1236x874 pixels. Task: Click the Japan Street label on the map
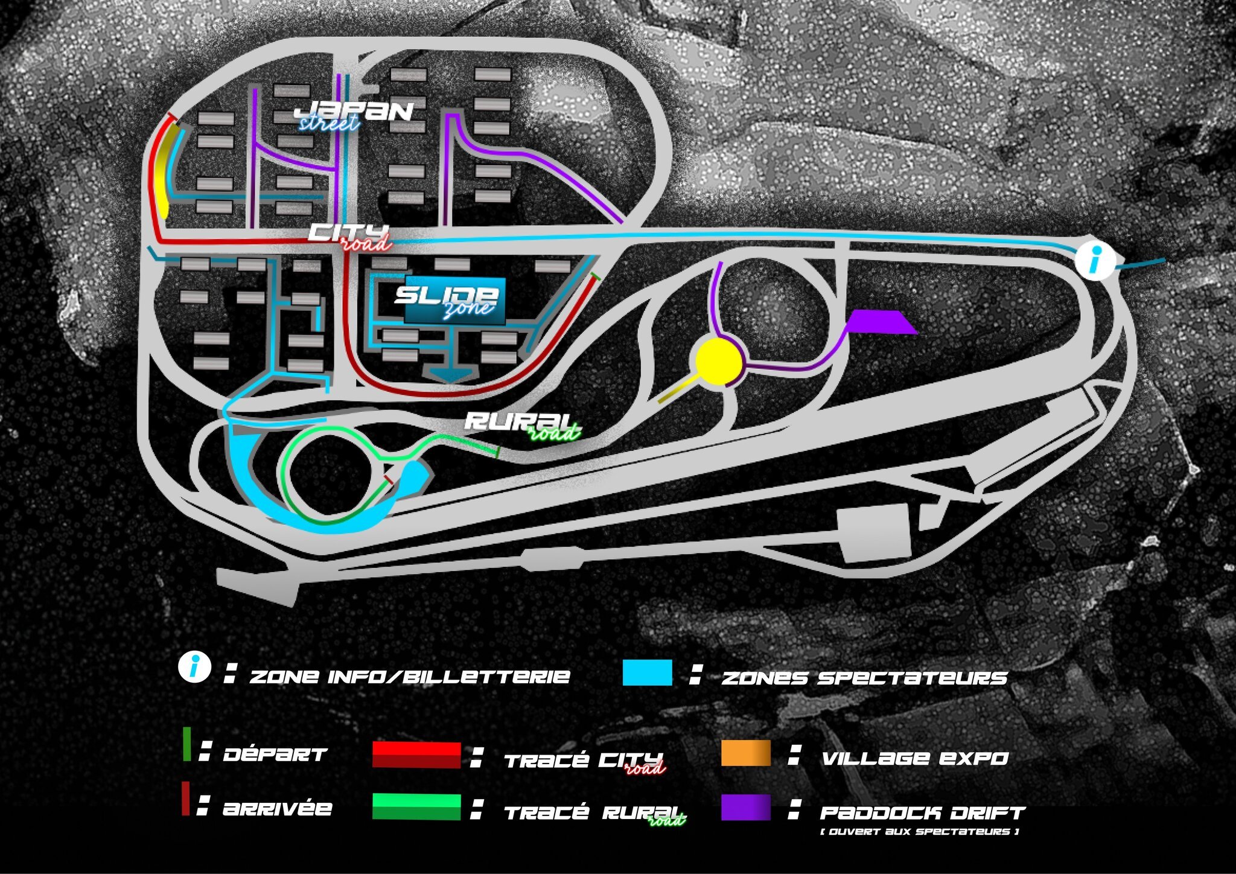(354, 115)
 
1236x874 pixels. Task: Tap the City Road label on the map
(350, 237)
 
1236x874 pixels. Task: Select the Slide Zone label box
(455, 301)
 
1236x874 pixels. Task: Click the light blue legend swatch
(648, 672)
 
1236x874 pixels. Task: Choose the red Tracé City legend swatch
(416, 754)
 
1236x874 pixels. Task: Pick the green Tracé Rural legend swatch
(416, 807)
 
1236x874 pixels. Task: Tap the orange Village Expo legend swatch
(746, 753)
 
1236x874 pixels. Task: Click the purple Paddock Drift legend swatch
(746, 807)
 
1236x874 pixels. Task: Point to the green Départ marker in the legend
(187, 744)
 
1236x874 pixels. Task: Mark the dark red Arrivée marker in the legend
(186, 799)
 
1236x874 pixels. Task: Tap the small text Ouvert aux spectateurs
(920, 832)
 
